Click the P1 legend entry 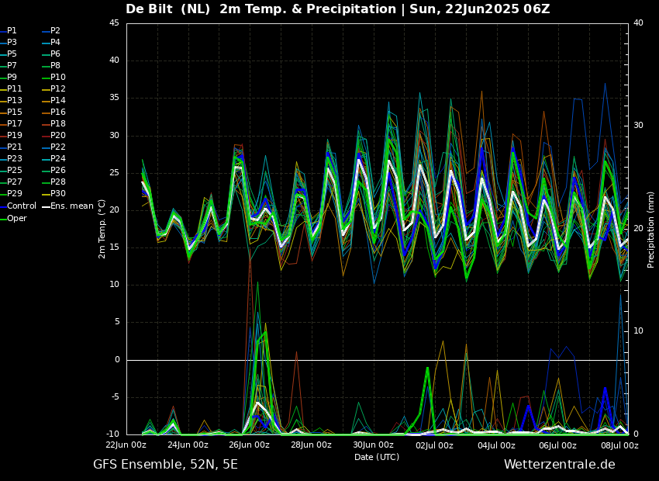[12, 31]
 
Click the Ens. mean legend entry [69, 206]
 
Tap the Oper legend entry [16, 218]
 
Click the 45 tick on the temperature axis [114, 23]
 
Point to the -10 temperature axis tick [112, 434]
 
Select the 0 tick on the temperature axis [116, 360]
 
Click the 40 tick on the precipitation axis [638, 23]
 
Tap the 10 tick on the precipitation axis [638, 331]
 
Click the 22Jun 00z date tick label [126, 445]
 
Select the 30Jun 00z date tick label [373, 445]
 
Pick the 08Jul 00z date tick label [619, 445]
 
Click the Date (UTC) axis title [377, 457]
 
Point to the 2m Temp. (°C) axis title [102, 228]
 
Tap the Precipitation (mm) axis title [651, 229]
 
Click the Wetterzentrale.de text [559, 465]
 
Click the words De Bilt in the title [153, 9]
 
